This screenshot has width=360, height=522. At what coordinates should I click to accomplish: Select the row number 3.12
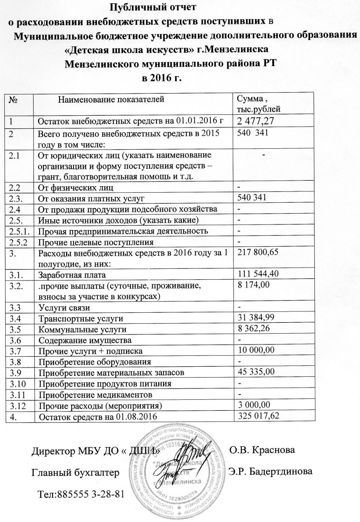[15, 406]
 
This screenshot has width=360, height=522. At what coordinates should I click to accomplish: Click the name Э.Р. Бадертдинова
[270, 472]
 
